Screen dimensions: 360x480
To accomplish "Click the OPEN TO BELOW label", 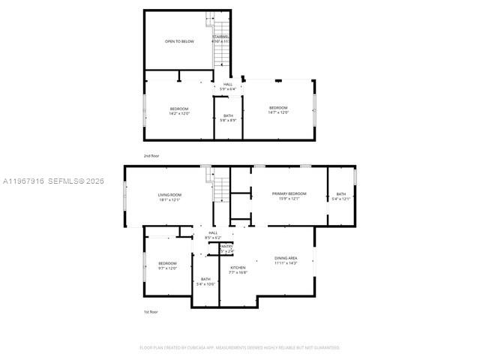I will coord(179,41).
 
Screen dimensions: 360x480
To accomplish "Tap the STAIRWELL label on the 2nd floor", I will coord(220,36).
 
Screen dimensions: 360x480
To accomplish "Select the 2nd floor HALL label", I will coord(228,84).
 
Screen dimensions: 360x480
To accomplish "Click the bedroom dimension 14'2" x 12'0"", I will coord(179,114).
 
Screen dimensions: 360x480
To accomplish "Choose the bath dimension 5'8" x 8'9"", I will coord(228,120).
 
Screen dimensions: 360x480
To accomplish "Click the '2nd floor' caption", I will coord(151,155).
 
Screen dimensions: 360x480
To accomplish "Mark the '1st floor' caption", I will coord(151,311).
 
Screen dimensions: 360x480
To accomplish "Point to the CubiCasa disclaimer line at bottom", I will coord(240,347).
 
